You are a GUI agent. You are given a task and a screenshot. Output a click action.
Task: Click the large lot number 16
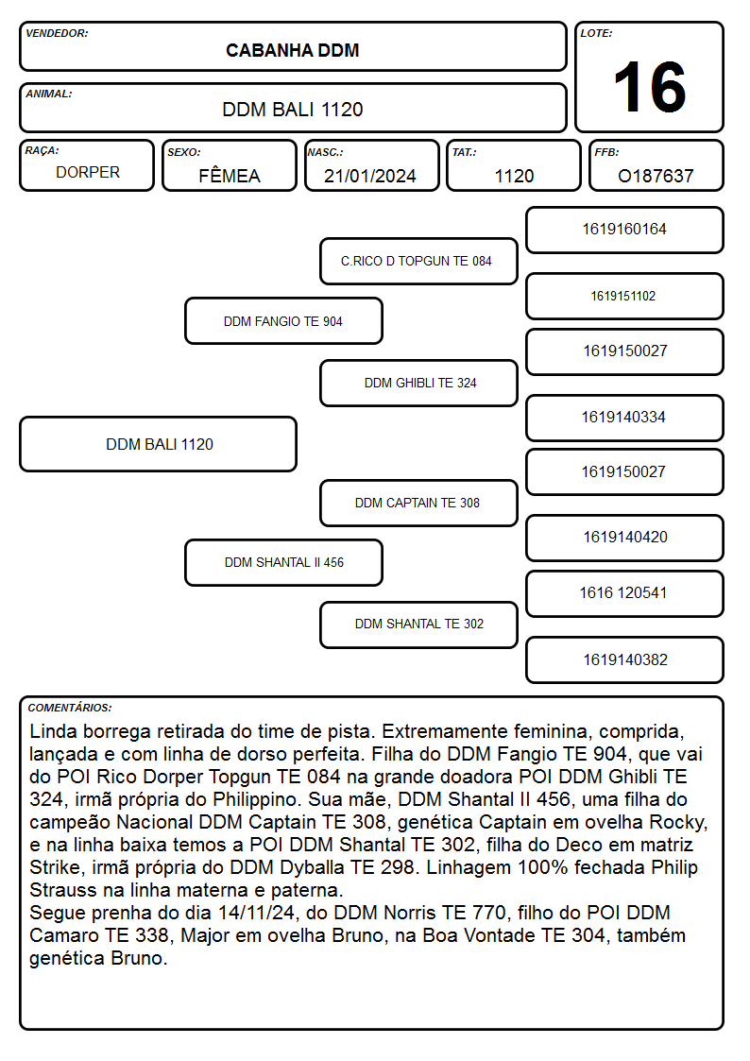[650, 87]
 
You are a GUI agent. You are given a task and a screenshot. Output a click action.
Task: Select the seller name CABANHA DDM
[292, 50]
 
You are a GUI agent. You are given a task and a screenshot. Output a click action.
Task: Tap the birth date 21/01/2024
[370, 176]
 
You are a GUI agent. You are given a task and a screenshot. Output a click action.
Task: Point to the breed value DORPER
[88, 173]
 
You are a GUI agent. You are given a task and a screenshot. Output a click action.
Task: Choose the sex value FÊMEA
[230, 175]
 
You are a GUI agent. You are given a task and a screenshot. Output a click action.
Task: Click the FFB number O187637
[656, 176]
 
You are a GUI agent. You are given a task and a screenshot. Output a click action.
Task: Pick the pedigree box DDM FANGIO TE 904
[283, 320]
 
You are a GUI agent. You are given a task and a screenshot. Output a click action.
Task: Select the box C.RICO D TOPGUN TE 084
[418, 261]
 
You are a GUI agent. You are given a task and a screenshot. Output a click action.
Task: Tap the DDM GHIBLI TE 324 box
[418, 383]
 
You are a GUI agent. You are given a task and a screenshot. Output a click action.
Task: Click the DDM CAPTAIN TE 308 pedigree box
[418, 503]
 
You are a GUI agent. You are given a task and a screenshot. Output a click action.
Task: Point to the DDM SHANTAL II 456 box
[283, 562]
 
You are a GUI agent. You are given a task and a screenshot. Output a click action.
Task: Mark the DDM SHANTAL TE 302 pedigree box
[418, 625]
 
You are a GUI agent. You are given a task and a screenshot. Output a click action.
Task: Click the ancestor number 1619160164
[624, 230]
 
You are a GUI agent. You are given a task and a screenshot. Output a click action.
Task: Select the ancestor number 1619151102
[622, 296]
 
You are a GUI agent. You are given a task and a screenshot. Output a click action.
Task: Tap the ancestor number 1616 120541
[623, 592]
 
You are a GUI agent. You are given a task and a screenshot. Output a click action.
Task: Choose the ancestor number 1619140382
[625, 659]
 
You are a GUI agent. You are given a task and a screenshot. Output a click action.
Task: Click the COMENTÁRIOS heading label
[70, 708]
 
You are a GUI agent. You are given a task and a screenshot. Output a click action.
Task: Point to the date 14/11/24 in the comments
[256, 913]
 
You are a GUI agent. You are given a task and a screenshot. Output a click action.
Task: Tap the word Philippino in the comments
[256, 800]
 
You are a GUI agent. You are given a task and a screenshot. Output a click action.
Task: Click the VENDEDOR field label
[57, 33]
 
